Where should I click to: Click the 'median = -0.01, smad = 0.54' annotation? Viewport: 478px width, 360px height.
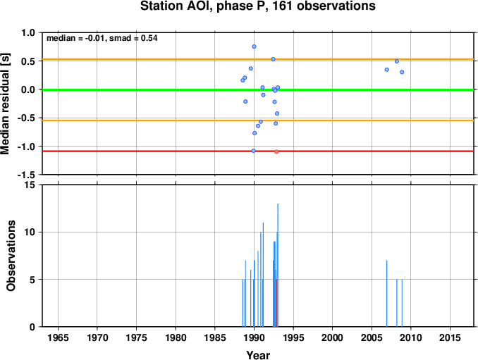pyautogui.click(x=102, y=38)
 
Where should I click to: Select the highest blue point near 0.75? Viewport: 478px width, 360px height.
pyautogui.click(x=254, y=46)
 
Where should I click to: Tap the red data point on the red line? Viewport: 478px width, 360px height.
pyautogui.click(x=276, y=151)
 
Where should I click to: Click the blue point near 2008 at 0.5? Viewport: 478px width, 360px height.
pyautogui.click(x=397, y=61)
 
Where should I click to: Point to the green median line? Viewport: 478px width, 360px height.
pyautogui.click(x=258, y=90)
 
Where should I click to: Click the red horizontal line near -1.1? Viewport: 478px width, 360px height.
pyautogui.click(x=258, y=151)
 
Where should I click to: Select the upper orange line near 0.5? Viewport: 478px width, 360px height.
pyautogui.click(x=258, y=59)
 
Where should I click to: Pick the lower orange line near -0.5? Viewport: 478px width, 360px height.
pyautogui.click(x=258, y=120)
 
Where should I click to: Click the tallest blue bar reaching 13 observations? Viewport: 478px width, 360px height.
pyautogui.click(x=278, y=266)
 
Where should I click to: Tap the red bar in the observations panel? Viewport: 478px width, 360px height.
pyautogui.click(x=276, y=303)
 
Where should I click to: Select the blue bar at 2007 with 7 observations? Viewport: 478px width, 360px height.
pyautogui.click(x=386, y=294)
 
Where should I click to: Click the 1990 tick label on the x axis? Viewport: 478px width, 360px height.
pyautogui.click(x=254, y=337)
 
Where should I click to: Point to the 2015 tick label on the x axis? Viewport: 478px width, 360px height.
pyautogui.click(x=450, y=337)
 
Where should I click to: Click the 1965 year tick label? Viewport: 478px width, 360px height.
pyautogui.click(x=58, y=337)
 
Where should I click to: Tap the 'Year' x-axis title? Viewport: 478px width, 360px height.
pyautogui.click(x=258, y=355)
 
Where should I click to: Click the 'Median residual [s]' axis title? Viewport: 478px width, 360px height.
pyautogui.click(x=5, y=104)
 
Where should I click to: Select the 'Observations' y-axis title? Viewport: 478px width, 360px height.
pyautogui.click(x=11, y=256)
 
